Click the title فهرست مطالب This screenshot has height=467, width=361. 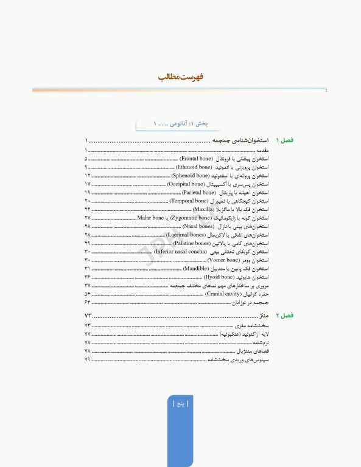(181, 78)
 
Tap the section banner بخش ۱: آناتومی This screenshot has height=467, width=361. (181, 124)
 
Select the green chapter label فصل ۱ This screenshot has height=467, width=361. (284, 140)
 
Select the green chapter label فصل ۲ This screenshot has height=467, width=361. (284, 316)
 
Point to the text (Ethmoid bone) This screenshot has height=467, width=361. (194, 167)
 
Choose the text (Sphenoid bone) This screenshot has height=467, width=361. (190, 175)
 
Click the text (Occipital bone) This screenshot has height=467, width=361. (186, 184)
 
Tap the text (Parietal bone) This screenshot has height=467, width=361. (200, 192)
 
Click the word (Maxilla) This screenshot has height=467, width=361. (203, 209)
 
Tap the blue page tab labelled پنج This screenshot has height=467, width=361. (181, 403)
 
